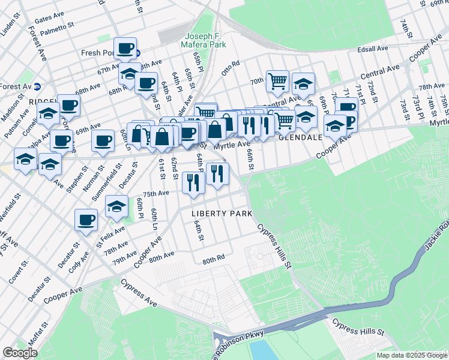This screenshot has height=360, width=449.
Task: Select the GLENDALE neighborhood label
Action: [301, 137]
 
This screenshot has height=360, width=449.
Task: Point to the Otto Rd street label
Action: [231, 67]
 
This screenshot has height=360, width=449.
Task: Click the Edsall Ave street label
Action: [373, 49]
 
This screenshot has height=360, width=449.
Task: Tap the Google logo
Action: [20, 353]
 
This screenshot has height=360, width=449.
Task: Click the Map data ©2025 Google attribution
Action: [411, 355]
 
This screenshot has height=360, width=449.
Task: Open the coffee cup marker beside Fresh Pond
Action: [125, 48]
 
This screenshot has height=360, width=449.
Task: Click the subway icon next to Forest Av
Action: [37, 86]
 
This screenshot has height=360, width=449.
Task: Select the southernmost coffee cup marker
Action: [86, 219]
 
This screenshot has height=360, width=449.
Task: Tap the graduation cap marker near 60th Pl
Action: [116, 206]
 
